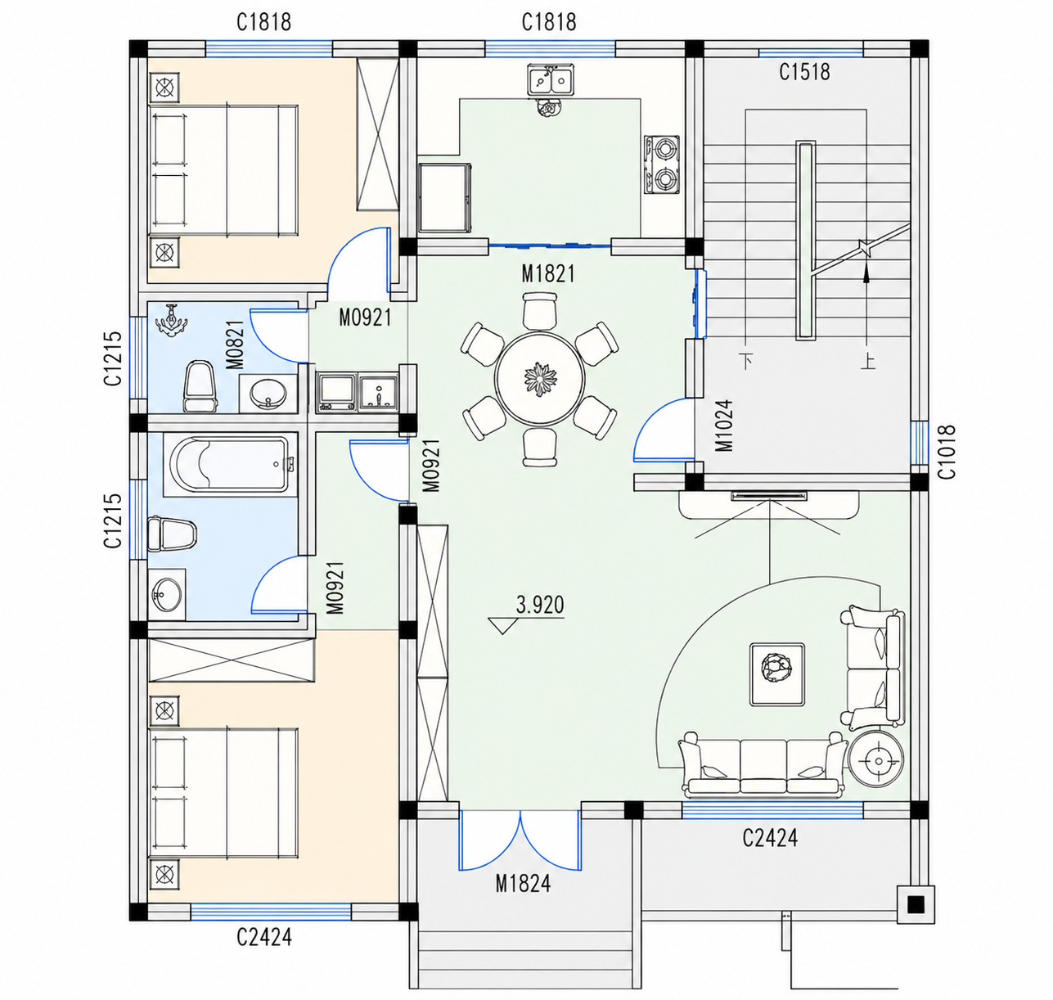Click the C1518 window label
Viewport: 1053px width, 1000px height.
pos(804,72)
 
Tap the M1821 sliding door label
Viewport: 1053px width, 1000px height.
pos(548,274)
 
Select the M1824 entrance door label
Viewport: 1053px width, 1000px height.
pos(523,884)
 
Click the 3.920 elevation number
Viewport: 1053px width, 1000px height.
pos(540,605)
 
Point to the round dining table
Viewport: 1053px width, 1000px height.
pos(540,379)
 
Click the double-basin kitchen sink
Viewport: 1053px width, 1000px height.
pos(551,80)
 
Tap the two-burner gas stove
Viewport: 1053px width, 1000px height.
pos(662,164)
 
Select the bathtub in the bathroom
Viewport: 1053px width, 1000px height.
pos(230,464)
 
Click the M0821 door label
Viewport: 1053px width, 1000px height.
pos(235,345)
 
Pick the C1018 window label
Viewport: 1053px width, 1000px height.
pos(947,452)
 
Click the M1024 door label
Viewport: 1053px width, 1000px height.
pos(724,425)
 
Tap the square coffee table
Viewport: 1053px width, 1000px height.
pos(777,674)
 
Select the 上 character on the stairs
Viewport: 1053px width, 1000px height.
pos(868,362)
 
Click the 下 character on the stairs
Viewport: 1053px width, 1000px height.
pos(747,361)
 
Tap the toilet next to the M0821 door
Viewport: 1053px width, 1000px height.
pos(200,386)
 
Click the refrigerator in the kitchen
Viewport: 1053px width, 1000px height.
pos(444,198)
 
